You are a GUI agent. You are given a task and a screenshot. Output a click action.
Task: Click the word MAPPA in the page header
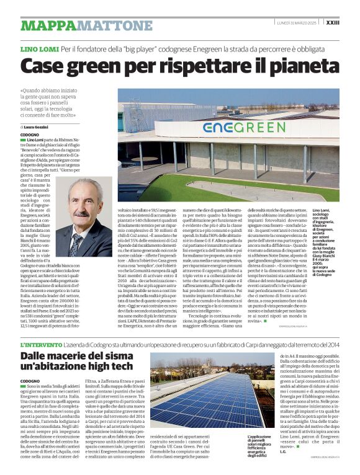point(44,25)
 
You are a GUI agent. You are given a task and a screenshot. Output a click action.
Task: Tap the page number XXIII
point(350,22)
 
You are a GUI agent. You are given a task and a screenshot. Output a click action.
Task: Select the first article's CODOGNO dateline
point(29,135)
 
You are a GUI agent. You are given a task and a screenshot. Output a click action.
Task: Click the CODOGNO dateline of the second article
point(30,380)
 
